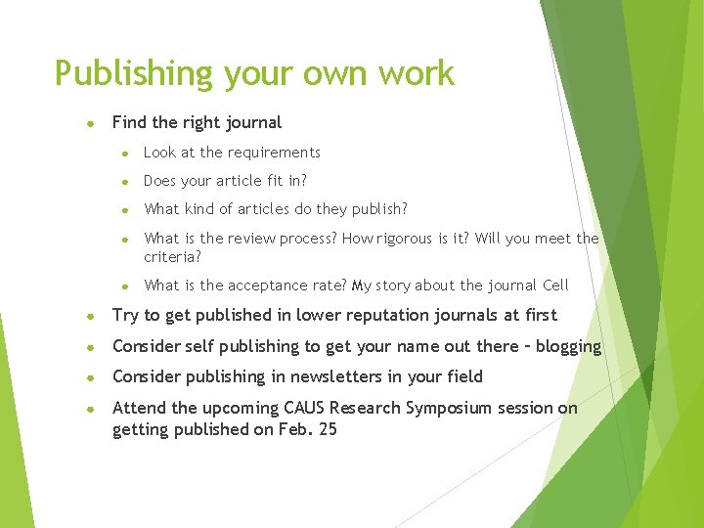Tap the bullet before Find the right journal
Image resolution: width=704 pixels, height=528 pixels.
[x=89, y=124]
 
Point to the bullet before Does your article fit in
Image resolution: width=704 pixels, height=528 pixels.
[x=125, y=182]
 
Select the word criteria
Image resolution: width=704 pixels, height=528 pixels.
[x=171, y=256]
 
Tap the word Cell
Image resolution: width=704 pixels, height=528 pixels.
[x=554, y=286]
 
